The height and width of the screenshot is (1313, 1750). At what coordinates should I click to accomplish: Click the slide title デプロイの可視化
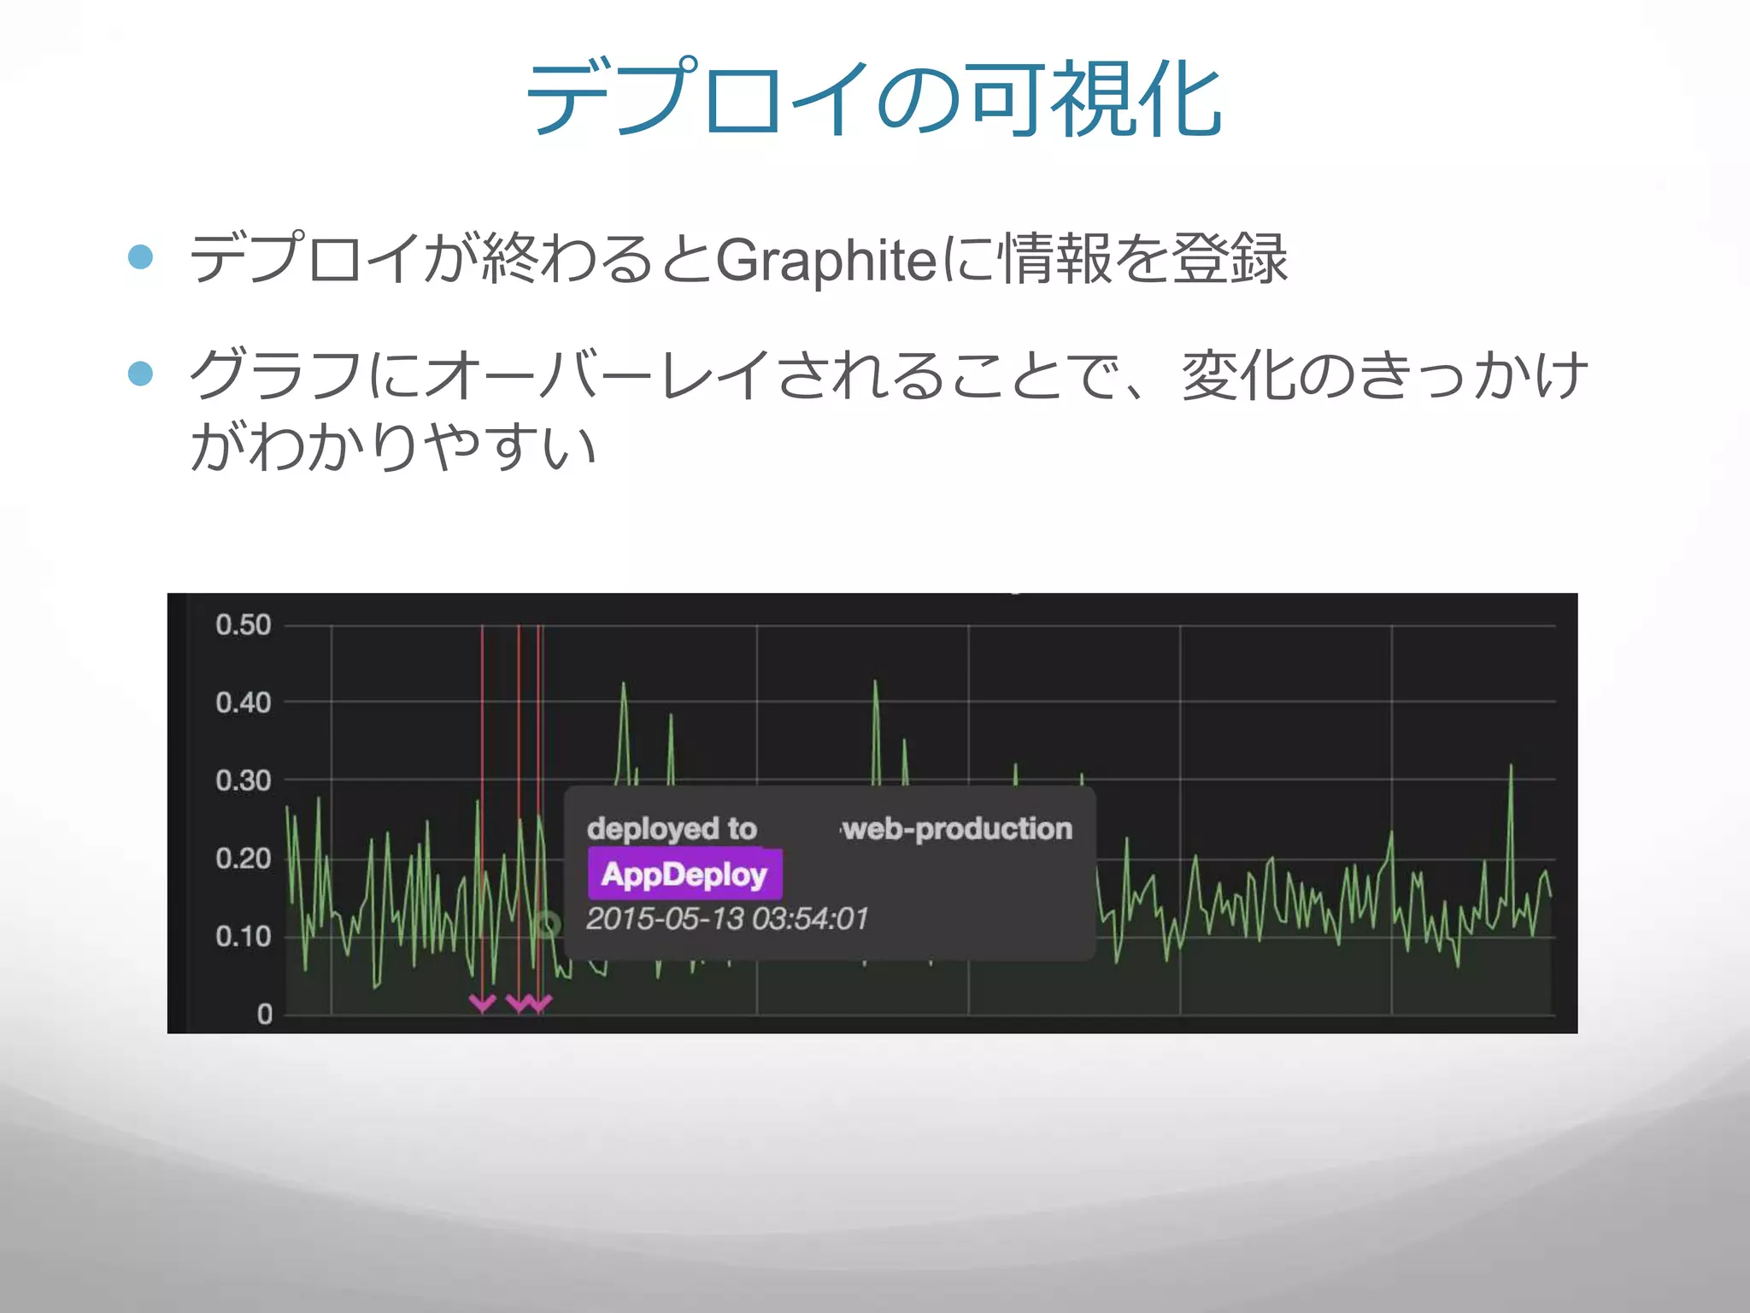click(x=874, y=98)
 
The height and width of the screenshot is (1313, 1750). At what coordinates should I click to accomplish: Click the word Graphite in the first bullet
click(x=826, y=260)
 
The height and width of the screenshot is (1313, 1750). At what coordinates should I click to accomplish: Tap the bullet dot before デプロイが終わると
click(x=140, y=256)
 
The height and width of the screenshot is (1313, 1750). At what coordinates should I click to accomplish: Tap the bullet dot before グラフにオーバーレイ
click(x=140, y=373)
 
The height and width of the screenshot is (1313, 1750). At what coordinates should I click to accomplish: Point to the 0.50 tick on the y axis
click(x=243, y=625)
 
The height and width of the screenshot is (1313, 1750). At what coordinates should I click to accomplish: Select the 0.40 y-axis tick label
click(x=243, y=703)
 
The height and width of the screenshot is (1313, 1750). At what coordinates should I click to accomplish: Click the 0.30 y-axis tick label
click(x=243, y=780)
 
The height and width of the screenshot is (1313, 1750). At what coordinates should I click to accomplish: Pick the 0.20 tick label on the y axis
click(x=243, y=858)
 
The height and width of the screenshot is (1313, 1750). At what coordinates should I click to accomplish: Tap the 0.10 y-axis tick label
click(x=243, y=936)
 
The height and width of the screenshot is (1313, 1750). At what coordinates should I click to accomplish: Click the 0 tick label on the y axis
click(x=264, y=1014)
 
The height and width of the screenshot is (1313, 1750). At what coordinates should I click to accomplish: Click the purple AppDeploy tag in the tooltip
click(x=684, y=874)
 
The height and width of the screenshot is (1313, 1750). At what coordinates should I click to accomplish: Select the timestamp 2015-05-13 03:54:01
click(x=727, y=919)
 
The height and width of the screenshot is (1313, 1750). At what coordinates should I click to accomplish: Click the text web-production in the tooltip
click(x=958, y=828)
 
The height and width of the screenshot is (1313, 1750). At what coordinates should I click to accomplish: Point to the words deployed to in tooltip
click(x=672, y=828)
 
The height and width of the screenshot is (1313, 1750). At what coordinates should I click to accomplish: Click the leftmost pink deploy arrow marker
click(x=482, y=1003)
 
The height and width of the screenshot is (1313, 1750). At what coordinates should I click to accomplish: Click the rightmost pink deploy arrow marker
click(x=540, y=1003)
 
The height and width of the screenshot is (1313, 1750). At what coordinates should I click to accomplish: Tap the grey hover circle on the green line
click(x=547, y=923)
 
